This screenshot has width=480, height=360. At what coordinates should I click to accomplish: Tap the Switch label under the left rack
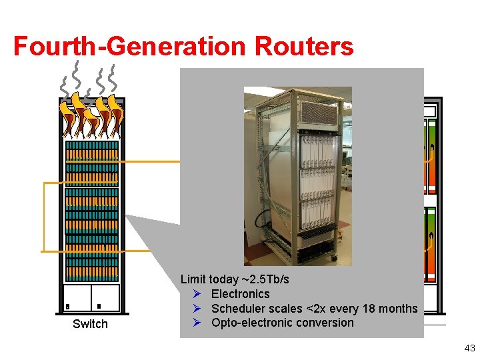90,324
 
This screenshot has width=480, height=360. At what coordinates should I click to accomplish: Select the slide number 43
469,348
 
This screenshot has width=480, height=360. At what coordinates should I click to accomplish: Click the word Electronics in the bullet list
240,294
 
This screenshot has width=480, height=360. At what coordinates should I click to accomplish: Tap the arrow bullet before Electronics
197,294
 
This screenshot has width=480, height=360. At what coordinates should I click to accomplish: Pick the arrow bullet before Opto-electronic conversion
197,323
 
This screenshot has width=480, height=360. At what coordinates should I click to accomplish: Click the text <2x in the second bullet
313,309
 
